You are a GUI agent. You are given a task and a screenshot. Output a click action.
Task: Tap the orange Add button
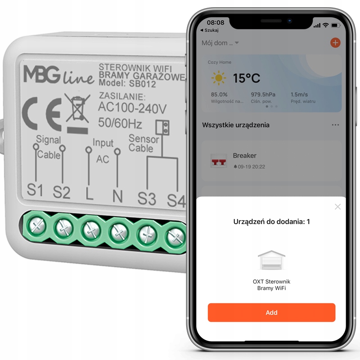pyautogui.click(x=271, y=312)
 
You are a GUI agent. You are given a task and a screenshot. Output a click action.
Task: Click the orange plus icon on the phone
pyautogui.click(x=335, y=43)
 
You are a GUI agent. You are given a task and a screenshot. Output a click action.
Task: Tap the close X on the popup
pyautogui.click(x=337, y=207)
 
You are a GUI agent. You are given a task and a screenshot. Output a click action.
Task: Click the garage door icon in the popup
pyautogui.click(x=271, y=260)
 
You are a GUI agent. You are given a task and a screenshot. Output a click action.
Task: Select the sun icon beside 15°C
pyautogui.click(x=218, y=78)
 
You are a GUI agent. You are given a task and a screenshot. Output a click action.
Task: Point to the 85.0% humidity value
pyautogui.click(x=219, y=94)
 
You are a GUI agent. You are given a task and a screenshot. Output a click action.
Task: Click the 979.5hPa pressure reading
pyautogui.click(x=263, y=94)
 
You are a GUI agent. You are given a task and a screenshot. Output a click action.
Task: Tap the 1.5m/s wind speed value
pyautogui.click(x=299, y=94)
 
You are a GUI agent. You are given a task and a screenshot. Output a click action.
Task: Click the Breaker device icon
pyautogui.click(x=219, y=161)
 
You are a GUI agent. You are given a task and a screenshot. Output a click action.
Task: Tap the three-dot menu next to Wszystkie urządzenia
pyautogui.click(x=335, y=125)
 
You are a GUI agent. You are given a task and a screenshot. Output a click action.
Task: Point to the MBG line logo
pyautogui.click(x=59, y=75)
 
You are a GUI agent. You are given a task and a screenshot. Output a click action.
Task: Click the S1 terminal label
pyautogui.click(x=35, y=190)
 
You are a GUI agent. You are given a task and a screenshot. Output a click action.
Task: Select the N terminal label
pyautogui.click(x=117, y=196)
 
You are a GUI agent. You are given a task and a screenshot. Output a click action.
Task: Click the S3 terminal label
pyautogui.click(x=147, y=198)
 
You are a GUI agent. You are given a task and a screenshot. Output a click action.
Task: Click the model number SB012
pyautogui.click(x=142, y=84)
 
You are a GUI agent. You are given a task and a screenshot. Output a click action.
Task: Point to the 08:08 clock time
pyautogui.click(x=216, y=22)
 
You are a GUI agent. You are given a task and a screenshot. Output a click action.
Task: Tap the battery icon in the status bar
pyautogui.click(x=335, y=25)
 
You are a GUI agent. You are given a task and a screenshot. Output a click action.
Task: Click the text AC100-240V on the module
pyautogui.click(x=132, y=108)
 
